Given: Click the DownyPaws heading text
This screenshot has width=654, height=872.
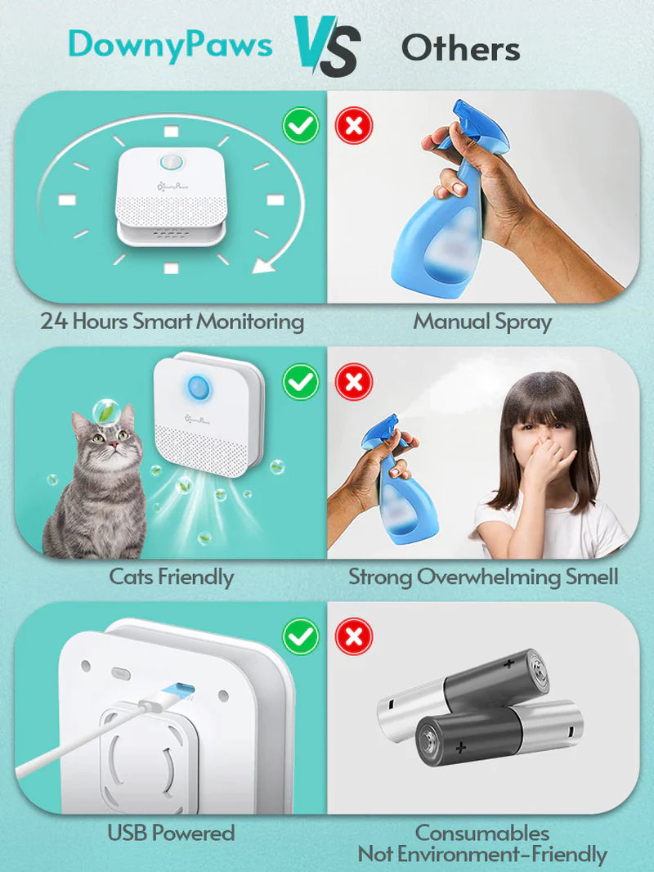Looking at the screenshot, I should tap(170, 45).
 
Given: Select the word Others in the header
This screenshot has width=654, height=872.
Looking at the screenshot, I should tap(460, 49).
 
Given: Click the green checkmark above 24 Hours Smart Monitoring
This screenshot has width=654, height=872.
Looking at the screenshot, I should tap(300, 126).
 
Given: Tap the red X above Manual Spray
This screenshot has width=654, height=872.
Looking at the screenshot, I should tap(353, 126).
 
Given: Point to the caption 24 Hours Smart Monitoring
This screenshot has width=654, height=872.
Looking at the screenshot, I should tap(172, 321).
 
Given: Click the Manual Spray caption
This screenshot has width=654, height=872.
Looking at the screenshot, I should tap(482, 321).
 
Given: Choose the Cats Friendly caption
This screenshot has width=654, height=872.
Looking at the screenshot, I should tap(172, 577).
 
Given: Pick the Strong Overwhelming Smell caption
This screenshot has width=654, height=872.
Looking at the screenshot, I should tap(483, 577).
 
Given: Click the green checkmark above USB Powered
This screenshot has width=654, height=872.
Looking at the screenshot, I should tap(300, 636).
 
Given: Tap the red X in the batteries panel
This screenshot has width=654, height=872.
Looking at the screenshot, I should tap(353, 636).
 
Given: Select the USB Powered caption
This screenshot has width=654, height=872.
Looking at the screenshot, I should tap(172, 834).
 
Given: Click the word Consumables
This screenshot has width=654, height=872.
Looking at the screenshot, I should tap(482, 834).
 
